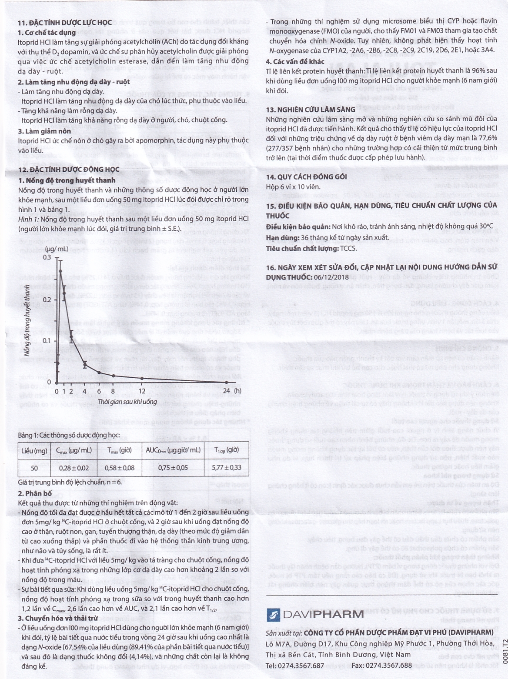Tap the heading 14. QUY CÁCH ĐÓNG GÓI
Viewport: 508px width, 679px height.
(306, 176)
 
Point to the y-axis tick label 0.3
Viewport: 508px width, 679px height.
(47, 257)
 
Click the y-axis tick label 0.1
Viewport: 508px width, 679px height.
(47, 341)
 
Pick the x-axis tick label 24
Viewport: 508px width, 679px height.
(226, 391)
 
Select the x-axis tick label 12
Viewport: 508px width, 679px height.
(142, 391)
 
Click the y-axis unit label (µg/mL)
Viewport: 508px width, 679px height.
(56, 249)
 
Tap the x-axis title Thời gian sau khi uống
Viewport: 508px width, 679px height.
(127, 401)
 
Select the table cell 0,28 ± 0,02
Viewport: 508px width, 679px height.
(74, 468)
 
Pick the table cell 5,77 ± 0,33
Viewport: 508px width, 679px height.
(226, 468)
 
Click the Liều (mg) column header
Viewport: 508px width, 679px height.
(34, 450)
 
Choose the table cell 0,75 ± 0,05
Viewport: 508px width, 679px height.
(173, 468)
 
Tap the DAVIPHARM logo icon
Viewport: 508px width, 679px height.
(273, 614)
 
